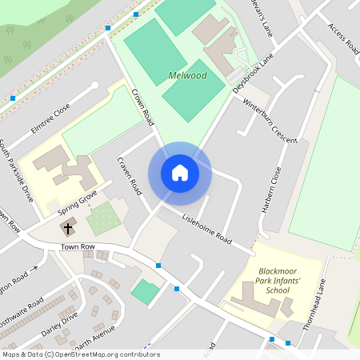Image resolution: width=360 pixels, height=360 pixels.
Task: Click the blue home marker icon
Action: point(180,173)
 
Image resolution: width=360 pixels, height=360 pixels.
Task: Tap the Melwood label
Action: point(188,76)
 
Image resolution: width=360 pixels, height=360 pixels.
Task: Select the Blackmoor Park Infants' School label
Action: point(274,281)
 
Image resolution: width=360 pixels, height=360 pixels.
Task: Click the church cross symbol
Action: point(69,228)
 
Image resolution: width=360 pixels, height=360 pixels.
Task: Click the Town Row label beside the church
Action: point(78,247)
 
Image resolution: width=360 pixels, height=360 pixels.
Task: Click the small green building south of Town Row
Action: point(145,291)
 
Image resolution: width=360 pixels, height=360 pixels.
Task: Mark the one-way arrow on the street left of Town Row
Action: point(34,269)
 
